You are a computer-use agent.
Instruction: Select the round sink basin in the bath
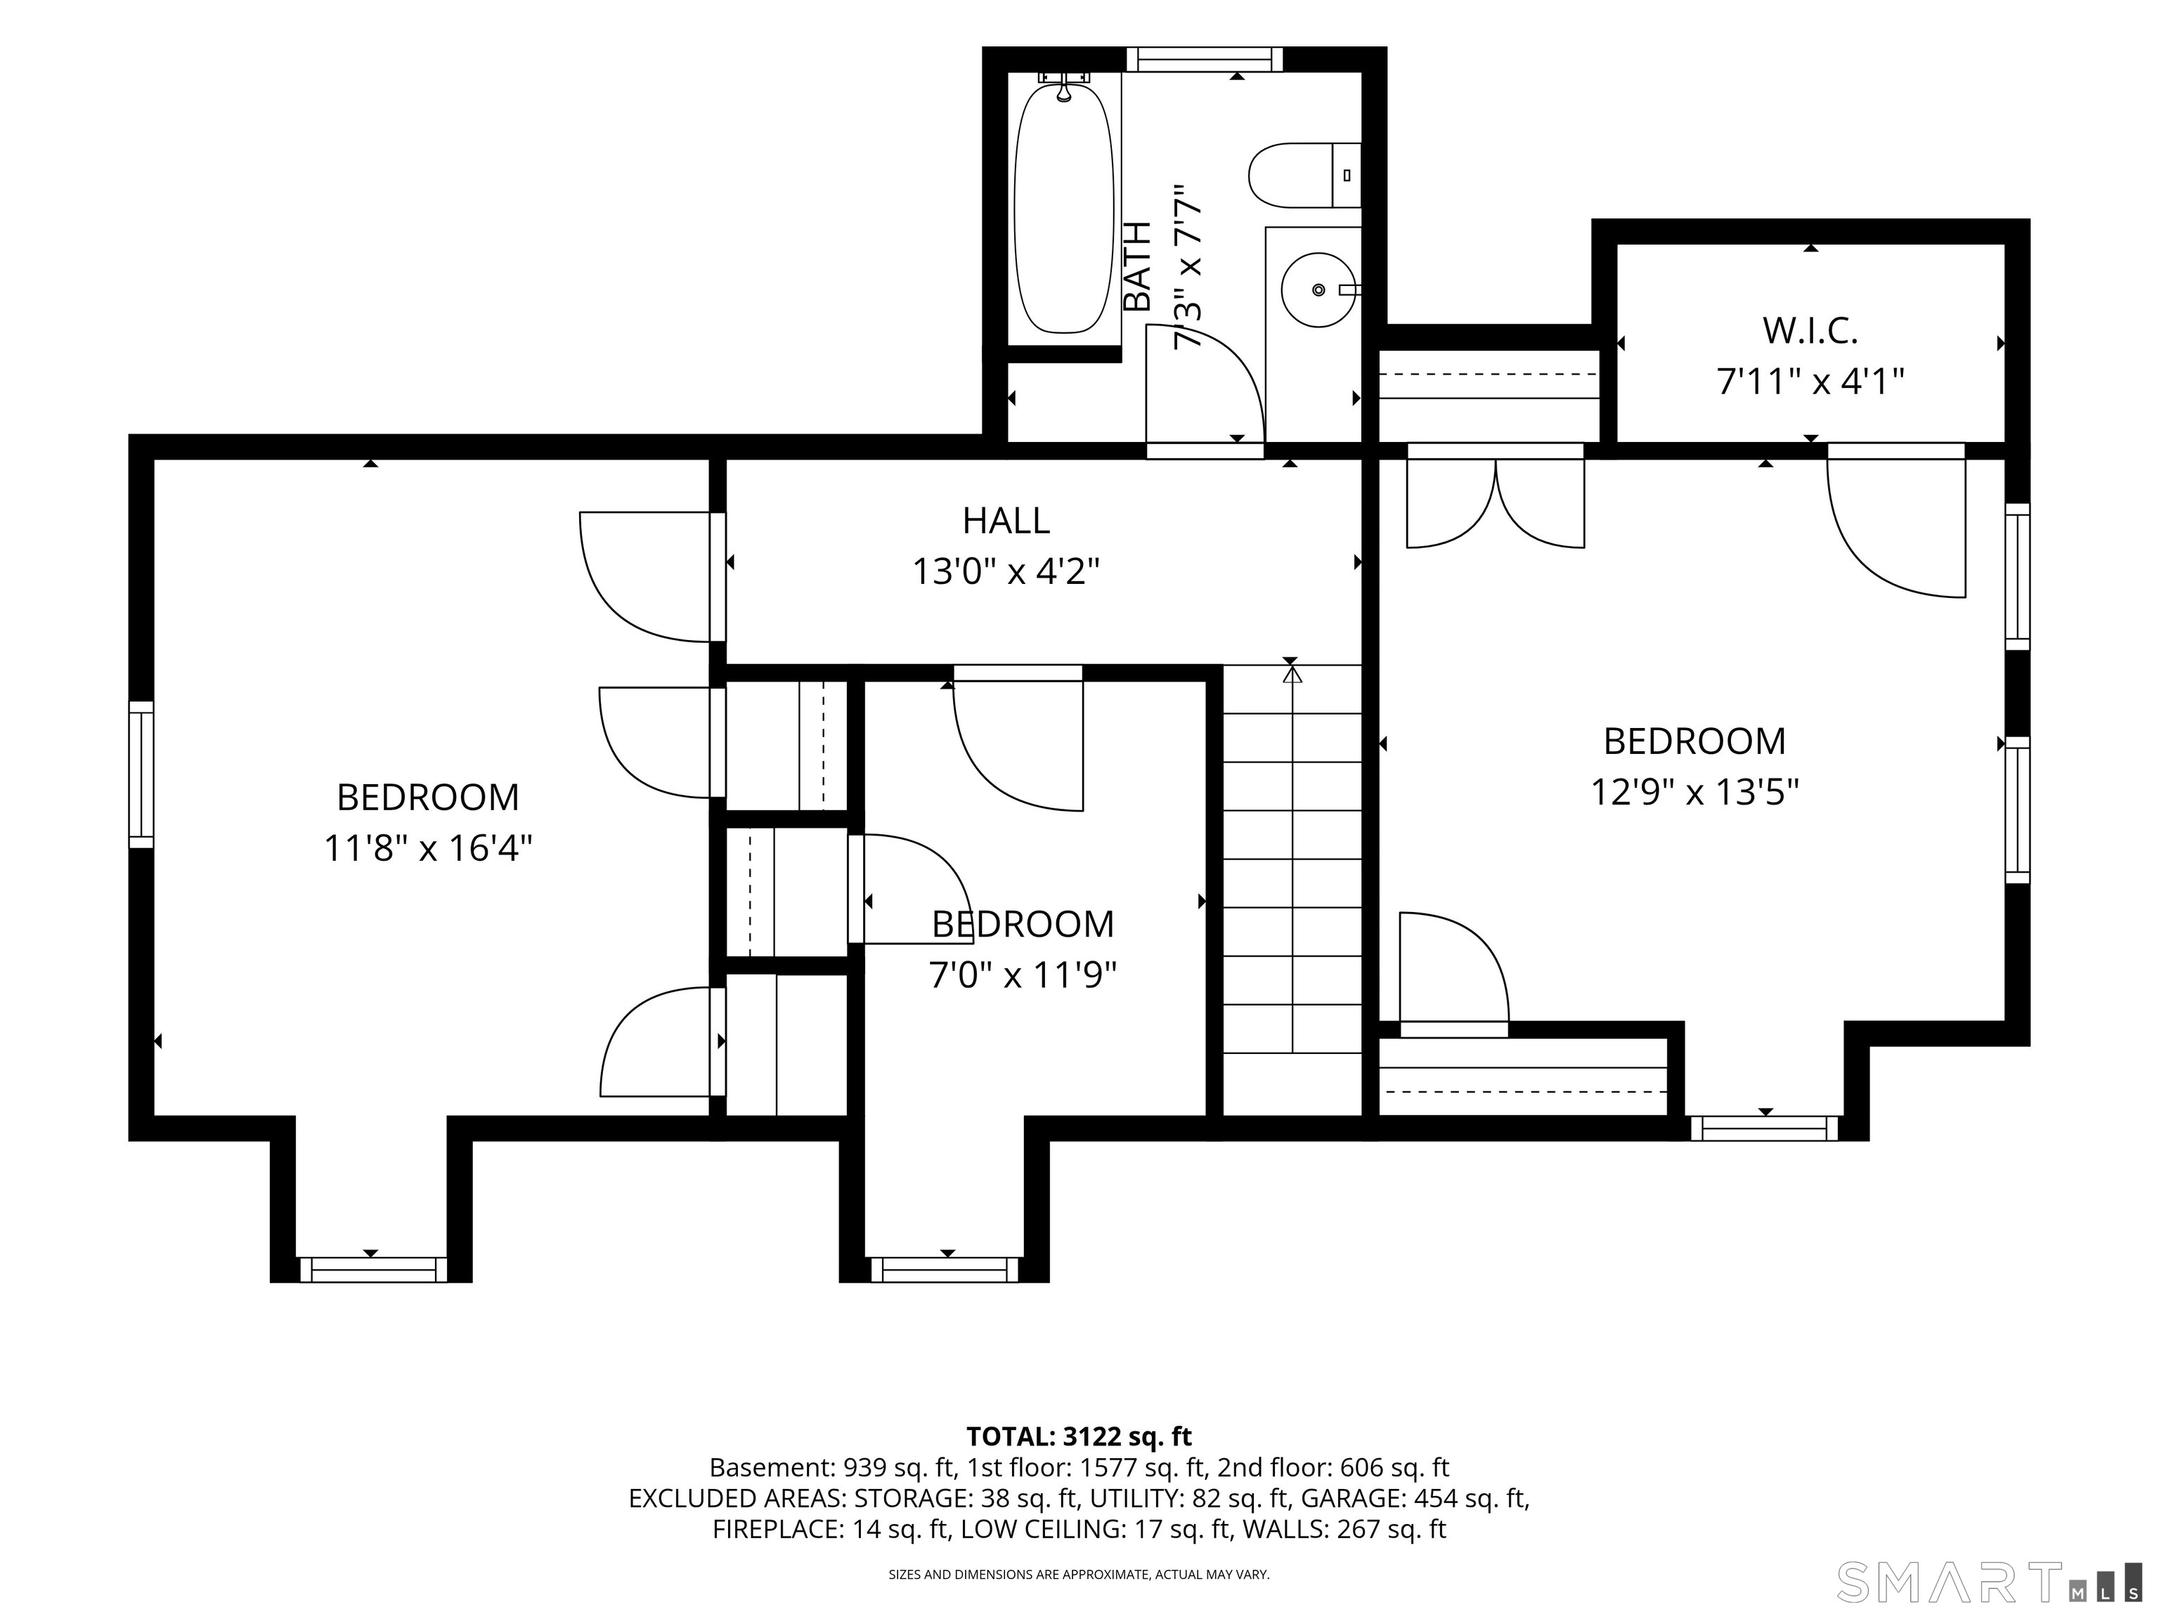(x=1318, y=290)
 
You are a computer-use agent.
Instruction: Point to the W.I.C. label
(x=1810, y=332)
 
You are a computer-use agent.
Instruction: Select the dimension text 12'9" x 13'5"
(x=1695, y=791)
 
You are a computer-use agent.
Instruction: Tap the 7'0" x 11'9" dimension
(x=1023, y=974)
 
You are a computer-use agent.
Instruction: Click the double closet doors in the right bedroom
(x=1496, y=498)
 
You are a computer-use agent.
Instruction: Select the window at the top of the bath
(x=1205, y=60)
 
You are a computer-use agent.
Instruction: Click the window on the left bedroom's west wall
(x=141, y=774)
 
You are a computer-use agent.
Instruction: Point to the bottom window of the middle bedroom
(x=945, y=1270)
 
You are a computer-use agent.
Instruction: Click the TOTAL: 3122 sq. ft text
(x=1079, y=1436)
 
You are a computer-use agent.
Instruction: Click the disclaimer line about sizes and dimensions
(x=1079, y=1574)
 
